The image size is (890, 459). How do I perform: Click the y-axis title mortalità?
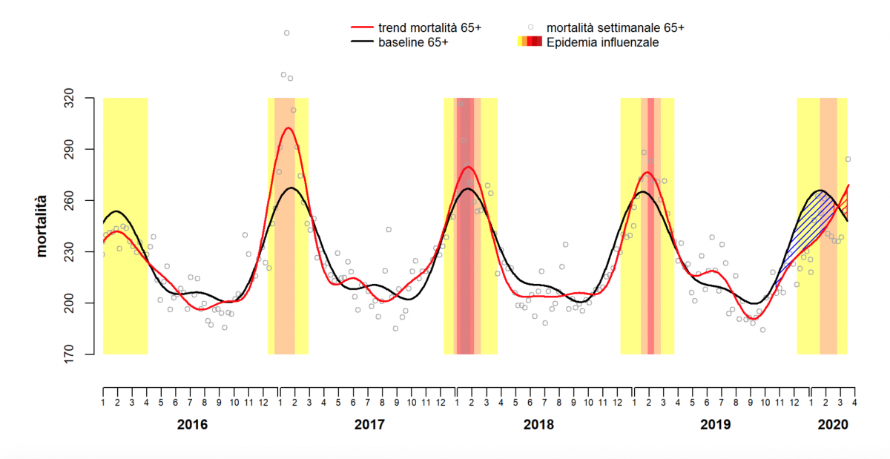pyautogui.click(x=42, y=226)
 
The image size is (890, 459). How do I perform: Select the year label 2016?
pyautogui.click(x=193, y=426)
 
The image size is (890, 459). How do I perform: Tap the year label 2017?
pyautogui.click(x=369, y=426)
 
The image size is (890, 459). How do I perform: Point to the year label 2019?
pyautogui.click(x=716, y=426)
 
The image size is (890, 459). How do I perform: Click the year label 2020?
pyautogui.click(x=832, y=426)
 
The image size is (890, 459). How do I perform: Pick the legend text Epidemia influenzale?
pyautogui.click(x=602, y=43)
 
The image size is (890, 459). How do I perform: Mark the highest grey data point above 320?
pyautogui.click(x=286, y=33)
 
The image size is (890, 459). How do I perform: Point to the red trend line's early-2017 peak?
pyautogui.click(x=288, y=128)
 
